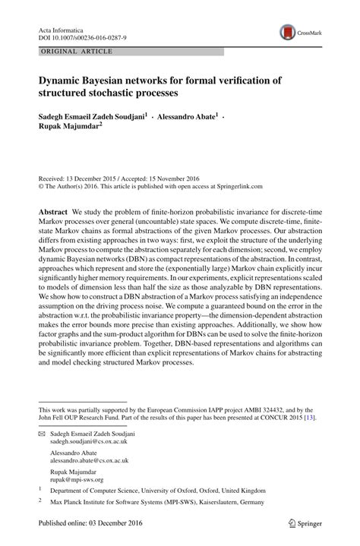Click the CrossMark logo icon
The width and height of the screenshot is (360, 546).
pyautogui.click(x=290, y=31)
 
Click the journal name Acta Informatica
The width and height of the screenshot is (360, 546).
pyautogui.click(x=62, y=27)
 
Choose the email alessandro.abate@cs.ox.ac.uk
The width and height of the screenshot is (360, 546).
pyautogui.click(x=90, y=460)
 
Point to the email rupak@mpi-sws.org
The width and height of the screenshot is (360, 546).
pyautogui.click(x=76, y=479)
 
